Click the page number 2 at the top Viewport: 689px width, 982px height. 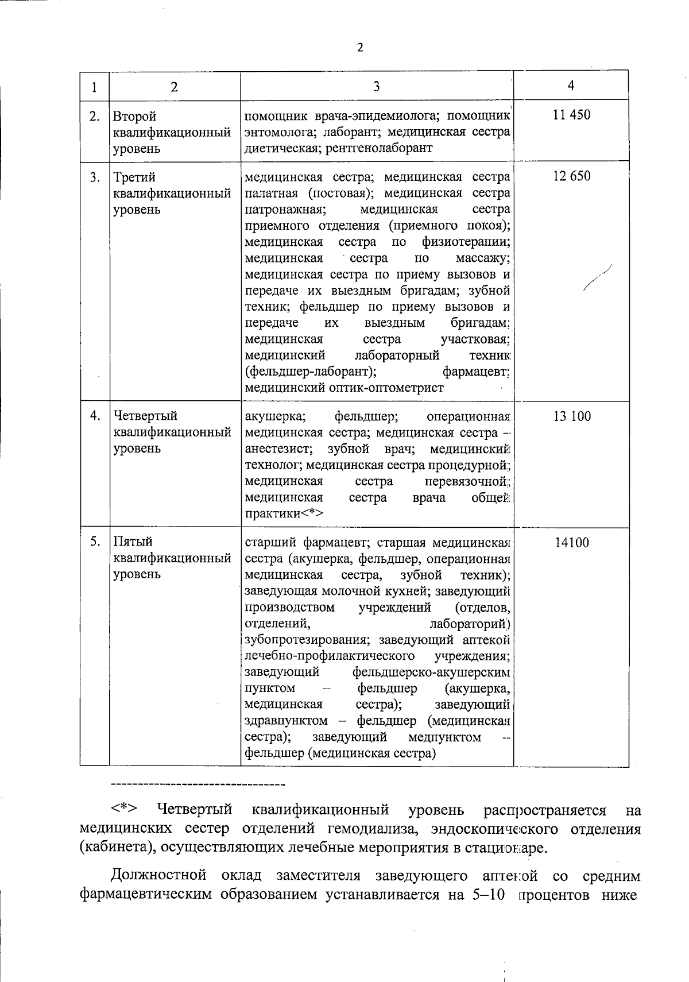(360, 48)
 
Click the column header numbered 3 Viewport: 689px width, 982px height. (376, 86)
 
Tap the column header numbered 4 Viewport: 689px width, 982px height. (571, 85)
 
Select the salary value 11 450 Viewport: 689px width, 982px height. (571, 115)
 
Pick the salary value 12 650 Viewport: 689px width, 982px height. (571, 176)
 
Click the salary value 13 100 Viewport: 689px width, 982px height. (571, 416)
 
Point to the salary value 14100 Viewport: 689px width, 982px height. (571, 543)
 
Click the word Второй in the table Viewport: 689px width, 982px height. (135, 117)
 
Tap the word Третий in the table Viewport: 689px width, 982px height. (134, 177)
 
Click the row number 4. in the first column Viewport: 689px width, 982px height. (95, 415)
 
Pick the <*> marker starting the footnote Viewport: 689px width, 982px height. (124, 810)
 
